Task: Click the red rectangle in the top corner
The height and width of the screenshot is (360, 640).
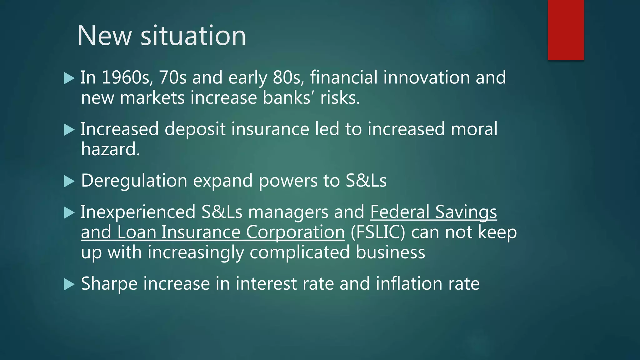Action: pyautogui.click(x=566, y=30)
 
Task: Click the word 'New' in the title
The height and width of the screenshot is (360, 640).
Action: pyautogui.click(x=104, y=36)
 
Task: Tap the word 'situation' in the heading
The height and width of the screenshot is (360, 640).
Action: pyautogui.click(x=193, y=36)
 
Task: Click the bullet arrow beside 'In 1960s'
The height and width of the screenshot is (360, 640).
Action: pyautogui.click(x=69, y=78)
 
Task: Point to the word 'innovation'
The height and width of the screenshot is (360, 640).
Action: pyautogui.click(x=427, y=77)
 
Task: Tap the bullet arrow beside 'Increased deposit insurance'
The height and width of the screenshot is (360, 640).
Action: pyautogui.click(x=69, y=129)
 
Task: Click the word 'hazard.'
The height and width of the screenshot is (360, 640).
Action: pyautogui.click(x=110, y=149)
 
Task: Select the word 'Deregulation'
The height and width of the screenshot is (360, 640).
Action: pyautogui.click(x=134, y=181)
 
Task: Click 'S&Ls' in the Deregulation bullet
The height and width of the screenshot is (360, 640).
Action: pyautogui.click(x=366, y=181)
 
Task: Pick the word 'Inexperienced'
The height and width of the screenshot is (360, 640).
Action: pyautogui.click(x=138, y=212)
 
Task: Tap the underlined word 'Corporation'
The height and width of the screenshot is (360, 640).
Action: pyautogui.click(x=295, y=232)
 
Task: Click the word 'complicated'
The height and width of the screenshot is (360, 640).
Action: pyautogui.click(x=300, y=252)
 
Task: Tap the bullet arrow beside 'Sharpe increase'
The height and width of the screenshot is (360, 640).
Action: pyautogui.click(x=69, y=284)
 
